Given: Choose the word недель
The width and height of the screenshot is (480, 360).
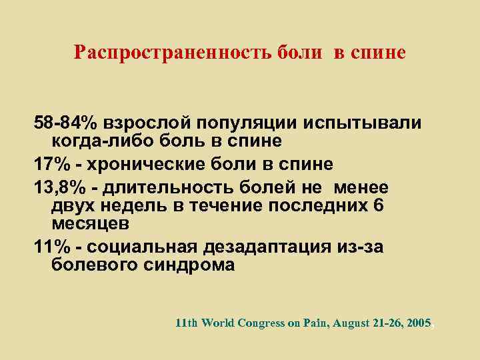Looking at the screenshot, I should tap(131, 207).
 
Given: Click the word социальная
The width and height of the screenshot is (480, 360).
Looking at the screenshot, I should tap(141, 247).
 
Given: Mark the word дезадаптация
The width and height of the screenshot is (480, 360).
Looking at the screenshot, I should tap(268, 247).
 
